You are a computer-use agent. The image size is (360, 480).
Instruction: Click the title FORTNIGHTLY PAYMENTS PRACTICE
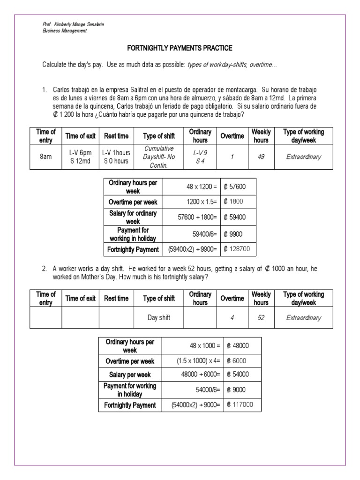point(180,48)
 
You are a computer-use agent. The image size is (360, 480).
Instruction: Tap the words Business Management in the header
point(65,31)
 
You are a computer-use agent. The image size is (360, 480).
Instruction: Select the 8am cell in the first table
point(45,157)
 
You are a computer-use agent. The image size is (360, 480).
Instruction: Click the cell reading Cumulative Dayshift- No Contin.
point(159,157)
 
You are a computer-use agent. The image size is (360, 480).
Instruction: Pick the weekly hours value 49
point(261,157)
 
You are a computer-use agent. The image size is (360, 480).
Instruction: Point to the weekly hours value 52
point(261,318)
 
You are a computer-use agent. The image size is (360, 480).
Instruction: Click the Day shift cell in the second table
point(159,318)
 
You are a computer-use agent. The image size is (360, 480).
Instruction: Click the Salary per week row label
point(130,375)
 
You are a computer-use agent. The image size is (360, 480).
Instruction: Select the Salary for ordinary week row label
point(133,217)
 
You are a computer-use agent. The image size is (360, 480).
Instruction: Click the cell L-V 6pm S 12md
point(80,157)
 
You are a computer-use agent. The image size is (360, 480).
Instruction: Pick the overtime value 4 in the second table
point(232,318)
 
